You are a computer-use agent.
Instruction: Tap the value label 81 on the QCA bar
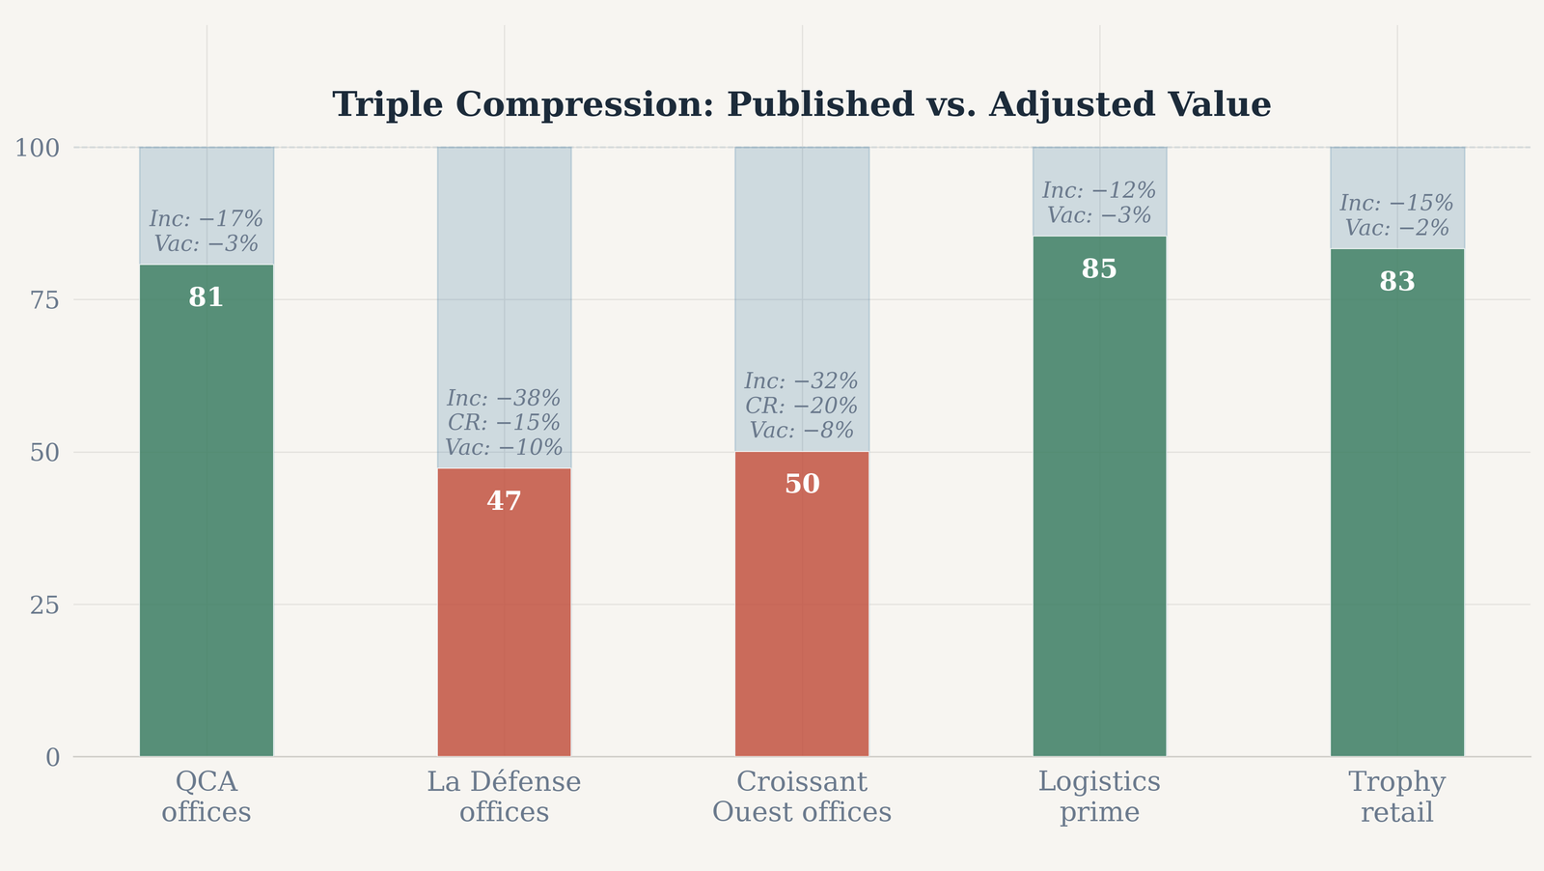(x=207, y=297)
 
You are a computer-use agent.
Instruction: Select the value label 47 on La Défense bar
(x=504, y=500)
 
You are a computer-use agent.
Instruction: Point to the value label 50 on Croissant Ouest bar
(x=802, y=484)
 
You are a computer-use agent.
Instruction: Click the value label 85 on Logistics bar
(x=1099, y=268)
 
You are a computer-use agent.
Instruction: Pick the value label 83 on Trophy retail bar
(x=1397, y=281)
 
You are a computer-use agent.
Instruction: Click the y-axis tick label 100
(x=38, y=148)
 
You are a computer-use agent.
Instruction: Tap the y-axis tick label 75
(x=44, y=300)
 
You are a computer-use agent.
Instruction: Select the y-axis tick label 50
(x=44, y=453)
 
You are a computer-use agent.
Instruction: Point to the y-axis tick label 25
(x=44, y=605)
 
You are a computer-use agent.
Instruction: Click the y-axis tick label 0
(x=53, y=758)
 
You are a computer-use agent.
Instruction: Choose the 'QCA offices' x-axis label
(x=207, y=797)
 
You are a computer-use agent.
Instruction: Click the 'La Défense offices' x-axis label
(x=504, y=797)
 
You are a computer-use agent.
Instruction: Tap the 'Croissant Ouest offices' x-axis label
(x=802, y=797)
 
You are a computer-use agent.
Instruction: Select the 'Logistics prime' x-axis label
(x=1099, y=797)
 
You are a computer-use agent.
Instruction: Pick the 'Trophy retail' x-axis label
(x=1397, y=797)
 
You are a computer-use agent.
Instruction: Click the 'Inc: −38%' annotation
(x=504, y=398)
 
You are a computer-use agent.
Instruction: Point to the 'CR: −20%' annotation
(x=802, y=406)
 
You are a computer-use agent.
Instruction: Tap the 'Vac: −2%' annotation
(x=1397, y=228)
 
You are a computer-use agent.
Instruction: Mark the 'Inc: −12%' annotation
(x=1099, y=190)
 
